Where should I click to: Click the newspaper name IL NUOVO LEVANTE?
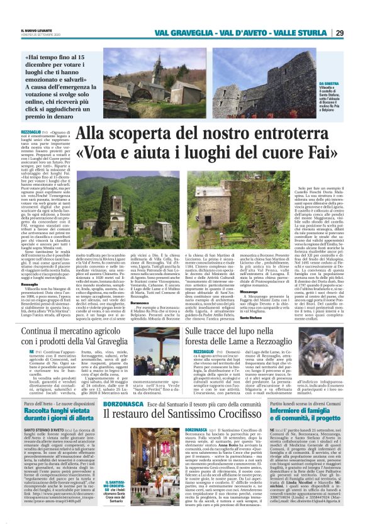tap(30, 30)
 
